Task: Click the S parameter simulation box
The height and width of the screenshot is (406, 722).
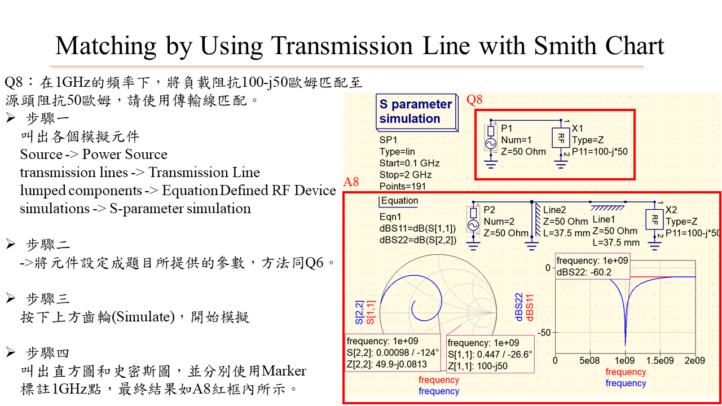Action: (x=416, y=111)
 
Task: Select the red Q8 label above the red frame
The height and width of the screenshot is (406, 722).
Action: (x=474, y=100)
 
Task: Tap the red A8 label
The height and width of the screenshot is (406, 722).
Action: (x=351, y=182)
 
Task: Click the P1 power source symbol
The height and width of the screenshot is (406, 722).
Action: (x=490, y=142)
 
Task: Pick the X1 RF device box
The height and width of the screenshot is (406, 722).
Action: (x=561, y=138)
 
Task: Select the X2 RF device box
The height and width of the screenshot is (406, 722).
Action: (x=654, y=219)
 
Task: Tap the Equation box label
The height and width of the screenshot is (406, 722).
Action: (x=400, y=201)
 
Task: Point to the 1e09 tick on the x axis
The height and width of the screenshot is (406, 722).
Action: (x=624, y=360)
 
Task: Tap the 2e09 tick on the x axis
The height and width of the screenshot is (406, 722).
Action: (x=694, y=360)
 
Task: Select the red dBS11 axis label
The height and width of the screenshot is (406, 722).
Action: (x=530, y=307)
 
